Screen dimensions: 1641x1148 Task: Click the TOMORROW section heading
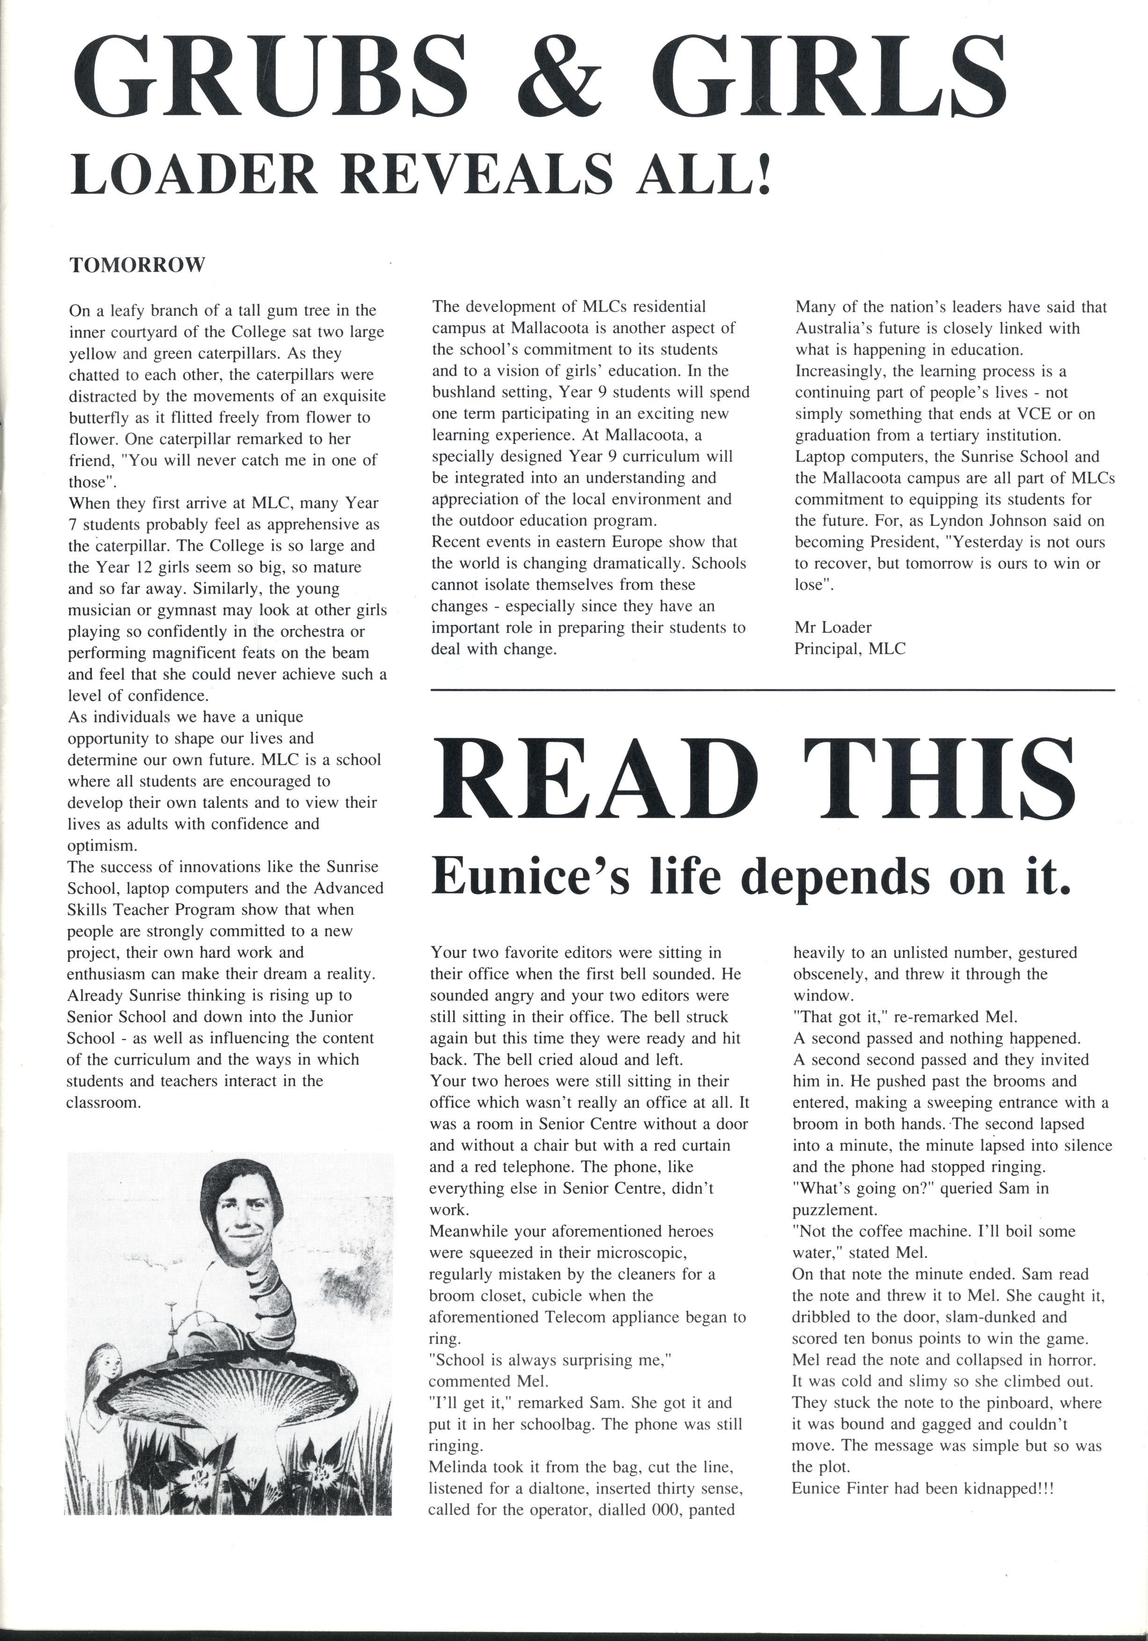137,265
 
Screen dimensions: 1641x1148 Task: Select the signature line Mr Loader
833,627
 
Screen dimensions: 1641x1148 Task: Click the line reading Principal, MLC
850,649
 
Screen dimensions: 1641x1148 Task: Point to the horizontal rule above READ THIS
772,690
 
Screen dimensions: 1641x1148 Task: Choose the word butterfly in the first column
96,417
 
